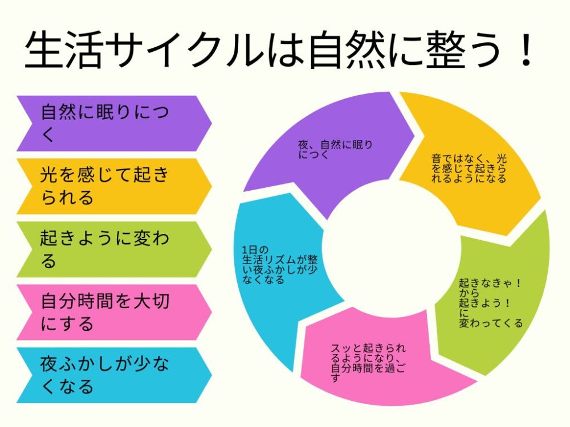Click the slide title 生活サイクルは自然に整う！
click(x=279, y=50)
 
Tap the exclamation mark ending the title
click(x=526, y=50)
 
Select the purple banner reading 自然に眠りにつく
click(x=114, y=124)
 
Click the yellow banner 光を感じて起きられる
click(x=114, y=186)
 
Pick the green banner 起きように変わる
click(x=114, y=249)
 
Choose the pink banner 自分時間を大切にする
click(x=114, y=312)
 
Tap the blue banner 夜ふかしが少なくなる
click(x=114, y=375)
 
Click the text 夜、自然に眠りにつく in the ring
click(x=335, y=150)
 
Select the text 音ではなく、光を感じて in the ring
click(x=469, y=163)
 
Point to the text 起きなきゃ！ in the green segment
click(x=490, y=283)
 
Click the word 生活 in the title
click(x=63, y=50)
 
